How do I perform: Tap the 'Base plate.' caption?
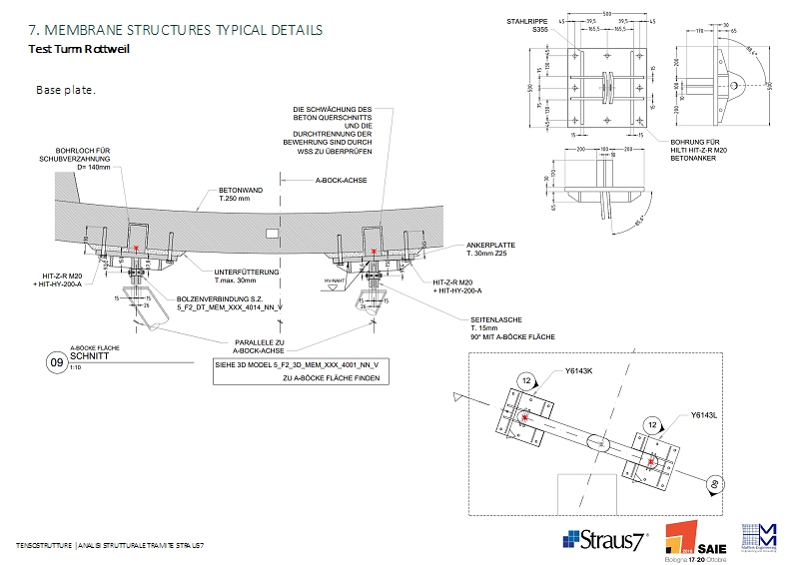point(66,90)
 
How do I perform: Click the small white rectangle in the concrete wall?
point(273,232)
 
